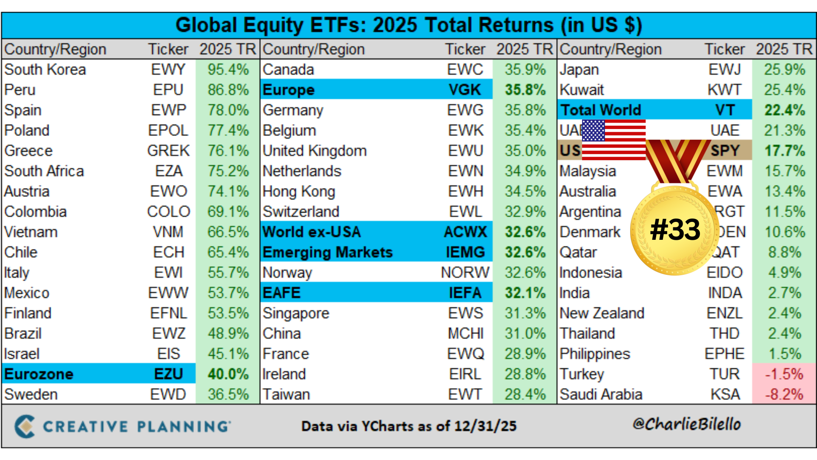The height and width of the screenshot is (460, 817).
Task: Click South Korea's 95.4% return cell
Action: pos(228,69)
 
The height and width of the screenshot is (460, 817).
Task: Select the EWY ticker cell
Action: pos(169,69)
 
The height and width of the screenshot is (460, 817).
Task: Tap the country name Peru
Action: pos(20,90)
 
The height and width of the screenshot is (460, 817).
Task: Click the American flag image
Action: pos(614,140)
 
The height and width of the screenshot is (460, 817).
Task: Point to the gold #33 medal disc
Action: pos(675,230)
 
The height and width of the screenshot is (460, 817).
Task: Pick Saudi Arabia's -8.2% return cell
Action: pos(784,394)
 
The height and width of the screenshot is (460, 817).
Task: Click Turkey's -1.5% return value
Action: pos(784,374)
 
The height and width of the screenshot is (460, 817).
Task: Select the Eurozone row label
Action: pos(39,374)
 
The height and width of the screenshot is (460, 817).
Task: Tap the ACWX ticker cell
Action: pos(465,232)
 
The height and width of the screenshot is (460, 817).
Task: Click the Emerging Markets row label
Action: pos(328,252)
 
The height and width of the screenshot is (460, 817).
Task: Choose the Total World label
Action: pos(601,110)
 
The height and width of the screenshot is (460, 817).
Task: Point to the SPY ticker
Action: pos(725,150)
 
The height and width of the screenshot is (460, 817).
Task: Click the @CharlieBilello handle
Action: pos(686,424)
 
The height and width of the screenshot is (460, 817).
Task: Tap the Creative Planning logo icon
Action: pos(25,426)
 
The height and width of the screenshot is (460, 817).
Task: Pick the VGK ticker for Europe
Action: pos(465,90)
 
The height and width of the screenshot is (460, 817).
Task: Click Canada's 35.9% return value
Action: pos(525,69)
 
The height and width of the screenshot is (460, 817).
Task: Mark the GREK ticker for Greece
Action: pos(169,151)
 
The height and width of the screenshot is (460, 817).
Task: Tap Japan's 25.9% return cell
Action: pos(784,69)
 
